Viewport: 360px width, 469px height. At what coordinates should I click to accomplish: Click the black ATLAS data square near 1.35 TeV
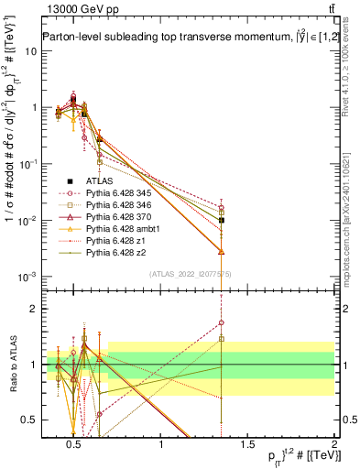coord(221,220)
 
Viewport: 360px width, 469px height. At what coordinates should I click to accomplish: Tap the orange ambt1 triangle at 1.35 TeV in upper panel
coord(221,251)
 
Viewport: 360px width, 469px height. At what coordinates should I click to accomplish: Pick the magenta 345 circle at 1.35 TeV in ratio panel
coord(221,322)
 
